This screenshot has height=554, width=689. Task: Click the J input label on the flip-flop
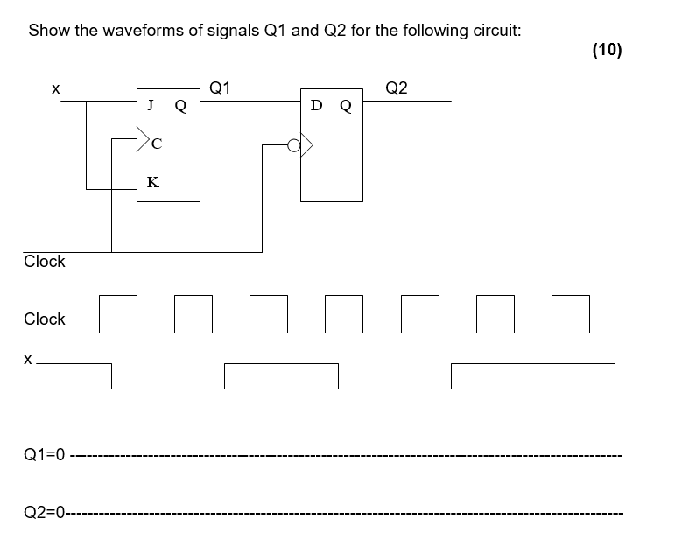click(151, 106)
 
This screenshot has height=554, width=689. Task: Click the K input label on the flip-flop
click(153, 182)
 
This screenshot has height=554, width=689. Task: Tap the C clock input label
click(157, 144)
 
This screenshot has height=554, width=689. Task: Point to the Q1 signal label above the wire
click(221, 88)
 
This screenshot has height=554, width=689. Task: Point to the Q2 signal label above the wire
click(396, 88)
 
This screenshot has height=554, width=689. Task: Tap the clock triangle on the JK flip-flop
click(143, 137)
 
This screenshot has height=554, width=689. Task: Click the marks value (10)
click(607, 50)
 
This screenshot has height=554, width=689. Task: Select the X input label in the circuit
click(55, 88)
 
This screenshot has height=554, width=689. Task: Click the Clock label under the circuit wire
click(45, 262)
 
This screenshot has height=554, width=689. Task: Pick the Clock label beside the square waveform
click(45, 319)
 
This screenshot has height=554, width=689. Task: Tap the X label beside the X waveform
click(29, 359)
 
